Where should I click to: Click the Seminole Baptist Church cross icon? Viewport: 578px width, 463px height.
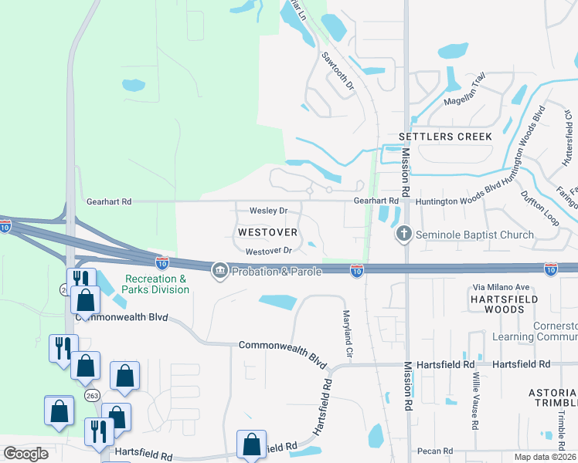point(403,234)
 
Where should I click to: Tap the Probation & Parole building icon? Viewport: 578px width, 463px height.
point(220,269)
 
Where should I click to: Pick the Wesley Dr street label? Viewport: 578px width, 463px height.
point(268,211)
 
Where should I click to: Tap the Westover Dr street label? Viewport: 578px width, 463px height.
point(268,251)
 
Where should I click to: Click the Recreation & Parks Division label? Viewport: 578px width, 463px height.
point(156,284)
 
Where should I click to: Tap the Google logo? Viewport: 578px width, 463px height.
point(25,454)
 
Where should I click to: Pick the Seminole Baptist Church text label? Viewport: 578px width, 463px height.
point(474,235)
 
